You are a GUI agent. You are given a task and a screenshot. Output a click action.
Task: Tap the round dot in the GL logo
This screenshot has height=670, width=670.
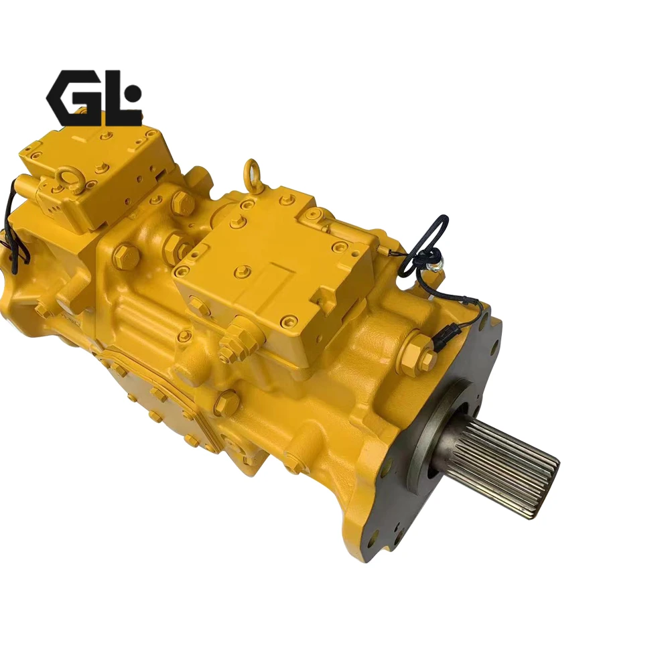tap(133, 92)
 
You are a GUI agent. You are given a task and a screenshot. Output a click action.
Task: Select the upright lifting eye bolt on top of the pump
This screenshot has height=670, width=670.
tap(252, 174)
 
